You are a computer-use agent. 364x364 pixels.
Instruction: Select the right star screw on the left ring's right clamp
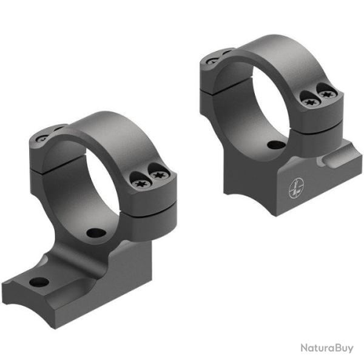pos(158,175)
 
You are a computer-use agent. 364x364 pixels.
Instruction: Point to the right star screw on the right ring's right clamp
pos(328,94)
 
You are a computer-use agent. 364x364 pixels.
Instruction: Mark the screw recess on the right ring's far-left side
pos(212,59)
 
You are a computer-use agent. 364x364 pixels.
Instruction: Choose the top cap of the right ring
pos(267,49)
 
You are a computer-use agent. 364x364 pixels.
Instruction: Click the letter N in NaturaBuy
pos(302,348)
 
